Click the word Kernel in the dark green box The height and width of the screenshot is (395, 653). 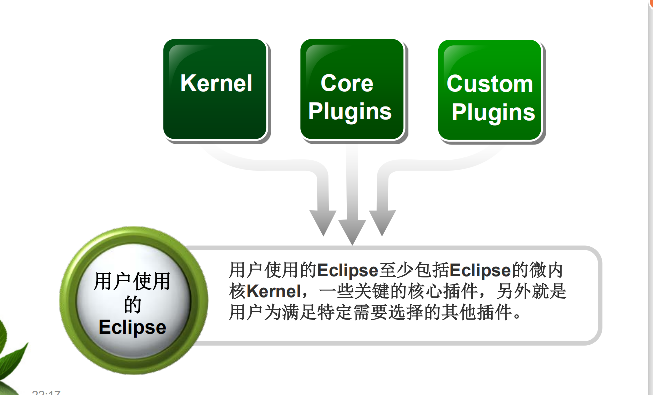(x=216, y=83)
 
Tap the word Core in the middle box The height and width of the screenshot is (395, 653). (x=347, y=83)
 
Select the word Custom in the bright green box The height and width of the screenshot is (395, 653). (x=490, y=84)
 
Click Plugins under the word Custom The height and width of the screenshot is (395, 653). (x=493, y=113)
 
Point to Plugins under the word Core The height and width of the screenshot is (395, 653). (x=350, y=112)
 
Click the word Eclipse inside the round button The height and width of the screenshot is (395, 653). (x=132, y=327)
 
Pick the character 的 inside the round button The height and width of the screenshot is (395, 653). (x=132, y=305)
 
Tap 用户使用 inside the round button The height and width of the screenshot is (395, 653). (x=132, y=282)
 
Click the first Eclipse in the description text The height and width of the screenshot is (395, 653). (x=347, y=270)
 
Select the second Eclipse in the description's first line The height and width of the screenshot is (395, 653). (x=480, y=270)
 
